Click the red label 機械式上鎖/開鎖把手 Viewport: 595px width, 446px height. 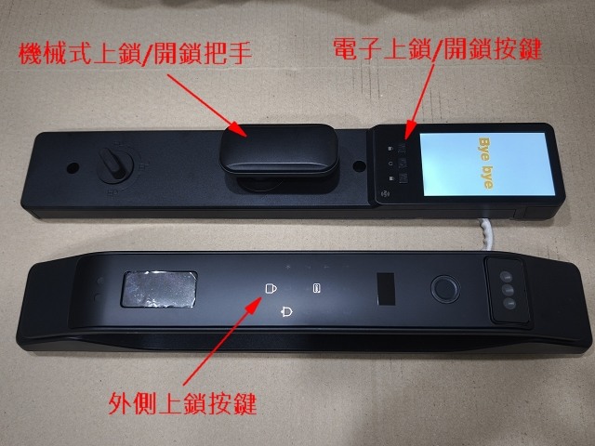coord(135,54)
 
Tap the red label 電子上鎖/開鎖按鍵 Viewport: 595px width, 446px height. coord(437,48)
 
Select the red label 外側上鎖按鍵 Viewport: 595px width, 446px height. coord(182,403)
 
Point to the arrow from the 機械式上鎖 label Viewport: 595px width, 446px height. coord(207,105)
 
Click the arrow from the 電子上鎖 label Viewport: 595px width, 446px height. coord(418,102)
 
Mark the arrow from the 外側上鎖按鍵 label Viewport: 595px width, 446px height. coord(223,341)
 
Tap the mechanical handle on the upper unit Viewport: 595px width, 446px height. coord(280,150)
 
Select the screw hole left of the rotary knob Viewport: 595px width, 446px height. coord(73,167)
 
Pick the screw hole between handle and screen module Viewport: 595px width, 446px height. coord(359,165)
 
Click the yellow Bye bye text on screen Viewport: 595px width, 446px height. coord(486,164)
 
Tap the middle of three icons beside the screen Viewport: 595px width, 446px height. coord(390,164)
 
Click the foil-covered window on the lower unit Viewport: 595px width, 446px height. coord(159,289)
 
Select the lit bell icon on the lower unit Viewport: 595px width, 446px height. coord(286,312)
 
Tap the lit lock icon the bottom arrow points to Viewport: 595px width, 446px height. coord(271,288)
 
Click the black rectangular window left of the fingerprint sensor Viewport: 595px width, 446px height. coord(387,289)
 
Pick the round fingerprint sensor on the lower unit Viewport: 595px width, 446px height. coord(445,289)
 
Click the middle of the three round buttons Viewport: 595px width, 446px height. coord(508,290)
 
